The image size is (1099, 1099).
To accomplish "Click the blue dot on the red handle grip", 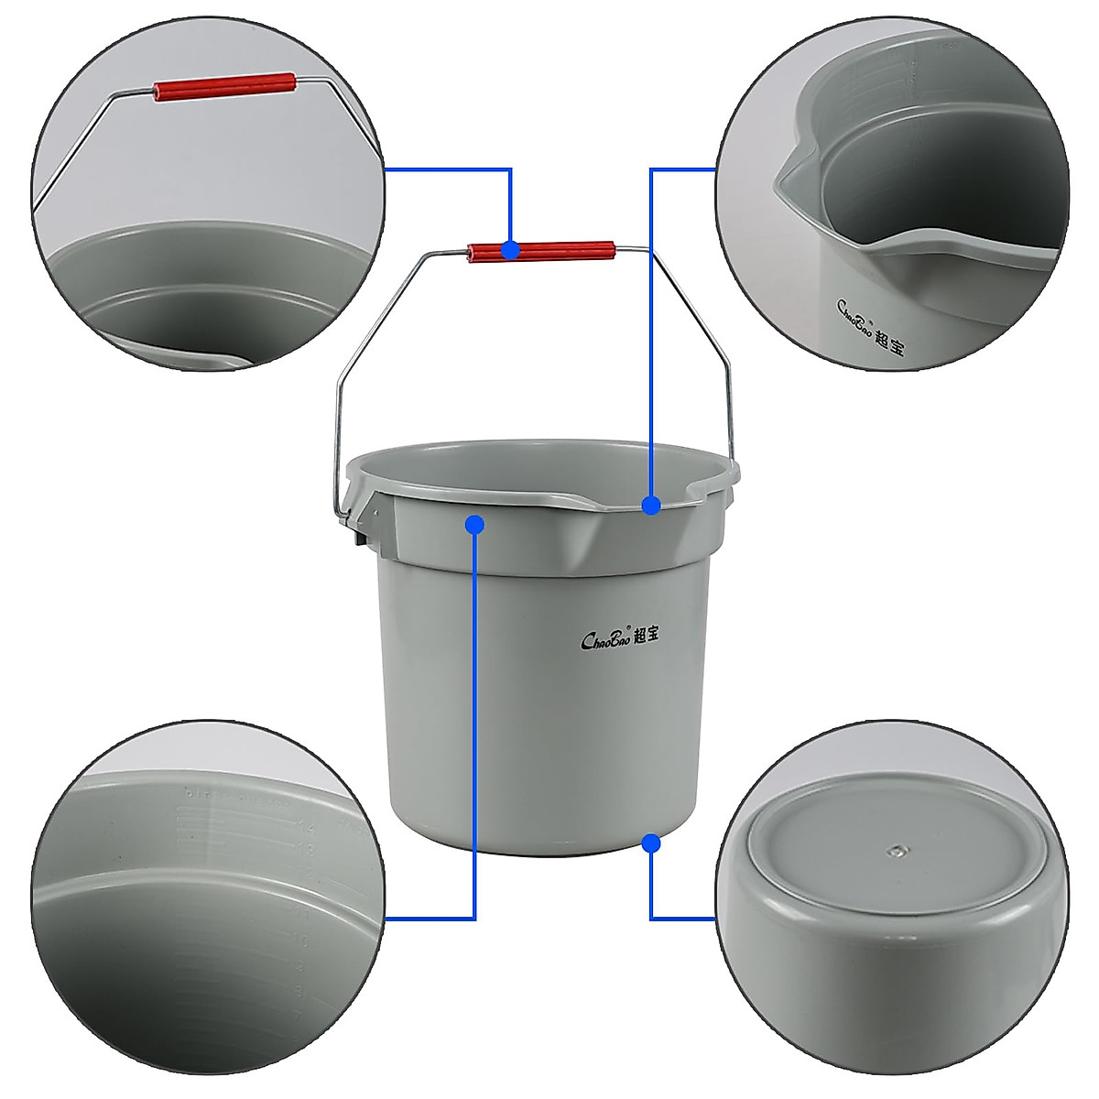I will [x=511, y=249].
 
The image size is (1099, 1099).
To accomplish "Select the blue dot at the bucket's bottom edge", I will [x=651, y=842].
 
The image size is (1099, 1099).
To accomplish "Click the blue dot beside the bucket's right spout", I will [x=651, y=505].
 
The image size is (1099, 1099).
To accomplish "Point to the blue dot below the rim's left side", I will [x=474, y=524].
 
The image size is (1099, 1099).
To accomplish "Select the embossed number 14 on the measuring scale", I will [x=305, y=826].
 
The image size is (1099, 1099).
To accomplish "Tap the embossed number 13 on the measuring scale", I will [x=305, y=851].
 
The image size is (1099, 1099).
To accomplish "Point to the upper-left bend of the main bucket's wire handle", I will [x=423, y=256].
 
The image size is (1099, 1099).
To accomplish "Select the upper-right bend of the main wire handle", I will [x=652, y=249].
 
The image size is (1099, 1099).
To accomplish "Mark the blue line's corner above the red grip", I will [x=511, y=169].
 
